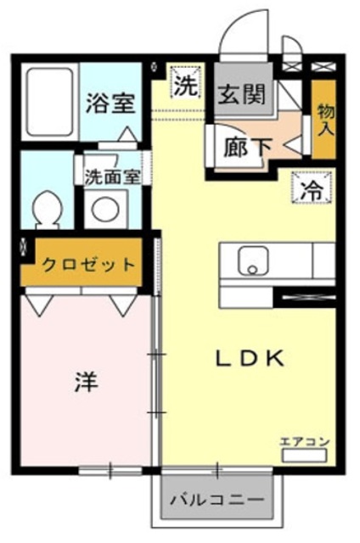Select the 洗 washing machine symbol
[x=183, y=84]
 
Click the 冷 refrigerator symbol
[x=309, y=188]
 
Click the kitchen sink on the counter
[x=250, y=260]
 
